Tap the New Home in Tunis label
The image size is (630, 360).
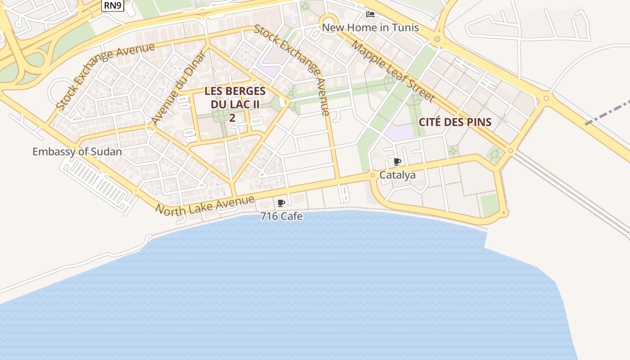coord(370,27)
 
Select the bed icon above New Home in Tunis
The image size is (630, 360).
coord(370,14)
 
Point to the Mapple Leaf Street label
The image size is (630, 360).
coord(392,71)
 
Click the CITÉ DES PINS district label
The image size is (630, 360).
coord(455,122)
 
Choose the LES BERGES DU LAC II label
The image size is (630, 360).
coord(235,97)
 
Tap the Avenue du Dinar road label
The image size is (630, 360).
coord(179,88)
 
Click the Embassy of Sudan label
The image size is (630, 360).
coord(77,151)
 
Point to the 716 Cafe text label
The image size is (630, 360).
coord(282,216)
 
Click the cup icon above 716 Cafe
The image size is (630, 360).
coord(281,203)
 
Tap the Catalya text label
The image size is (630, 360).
coord(397,175)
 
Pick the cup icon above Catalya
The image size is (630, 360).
coord(397,162)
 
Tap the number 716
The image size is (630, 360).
coord(269,216)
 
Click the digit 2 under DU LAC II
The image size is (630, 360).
coord(232,118)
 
